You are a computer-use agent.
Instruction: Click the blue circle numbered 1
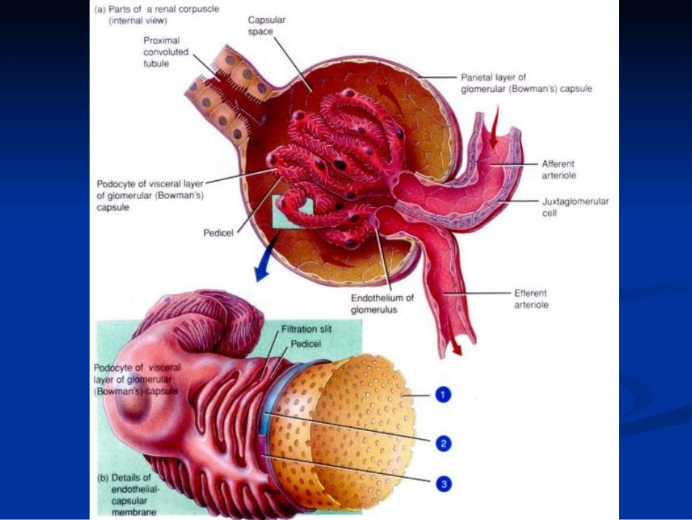[x=443, y=395]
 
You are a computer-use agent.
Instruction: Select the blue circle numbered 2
[x=443, y=443]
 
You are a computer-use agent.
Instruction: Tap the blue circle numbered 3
[x=444, y=484]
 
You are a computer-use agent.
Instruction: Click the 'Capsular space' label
[x=267, y=26]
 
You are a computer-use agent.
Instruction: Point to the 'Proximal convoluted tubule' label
[x=165, y=52]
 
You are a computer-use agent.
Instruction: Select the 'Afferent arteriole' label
[x=559, y=170]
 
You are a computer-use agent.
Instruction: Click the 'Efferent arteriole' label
[x=531, y=299]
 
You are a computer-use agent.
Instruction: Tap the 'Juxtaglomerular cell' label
[x=575, y=207]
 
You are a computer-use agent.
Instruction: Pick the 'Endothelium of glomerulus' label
[x=382, y=303]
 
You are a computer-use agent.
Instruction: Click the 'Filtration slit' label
[x=306, y=329]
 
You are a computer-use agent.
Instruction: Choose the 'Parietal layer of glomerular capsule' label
[x=527, y=83]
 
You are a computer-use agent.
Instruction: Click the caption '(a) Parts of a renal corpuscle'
[x=157, y=15]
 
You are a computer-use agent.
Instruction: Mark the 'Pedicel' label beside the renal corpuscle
[x=218, y=233]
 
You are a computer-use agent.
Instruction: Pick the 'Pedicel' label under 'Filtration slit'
[x=306, y=344]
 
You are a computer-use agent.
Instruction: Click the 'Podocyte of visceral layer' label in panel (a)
[x=150, y=195]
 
